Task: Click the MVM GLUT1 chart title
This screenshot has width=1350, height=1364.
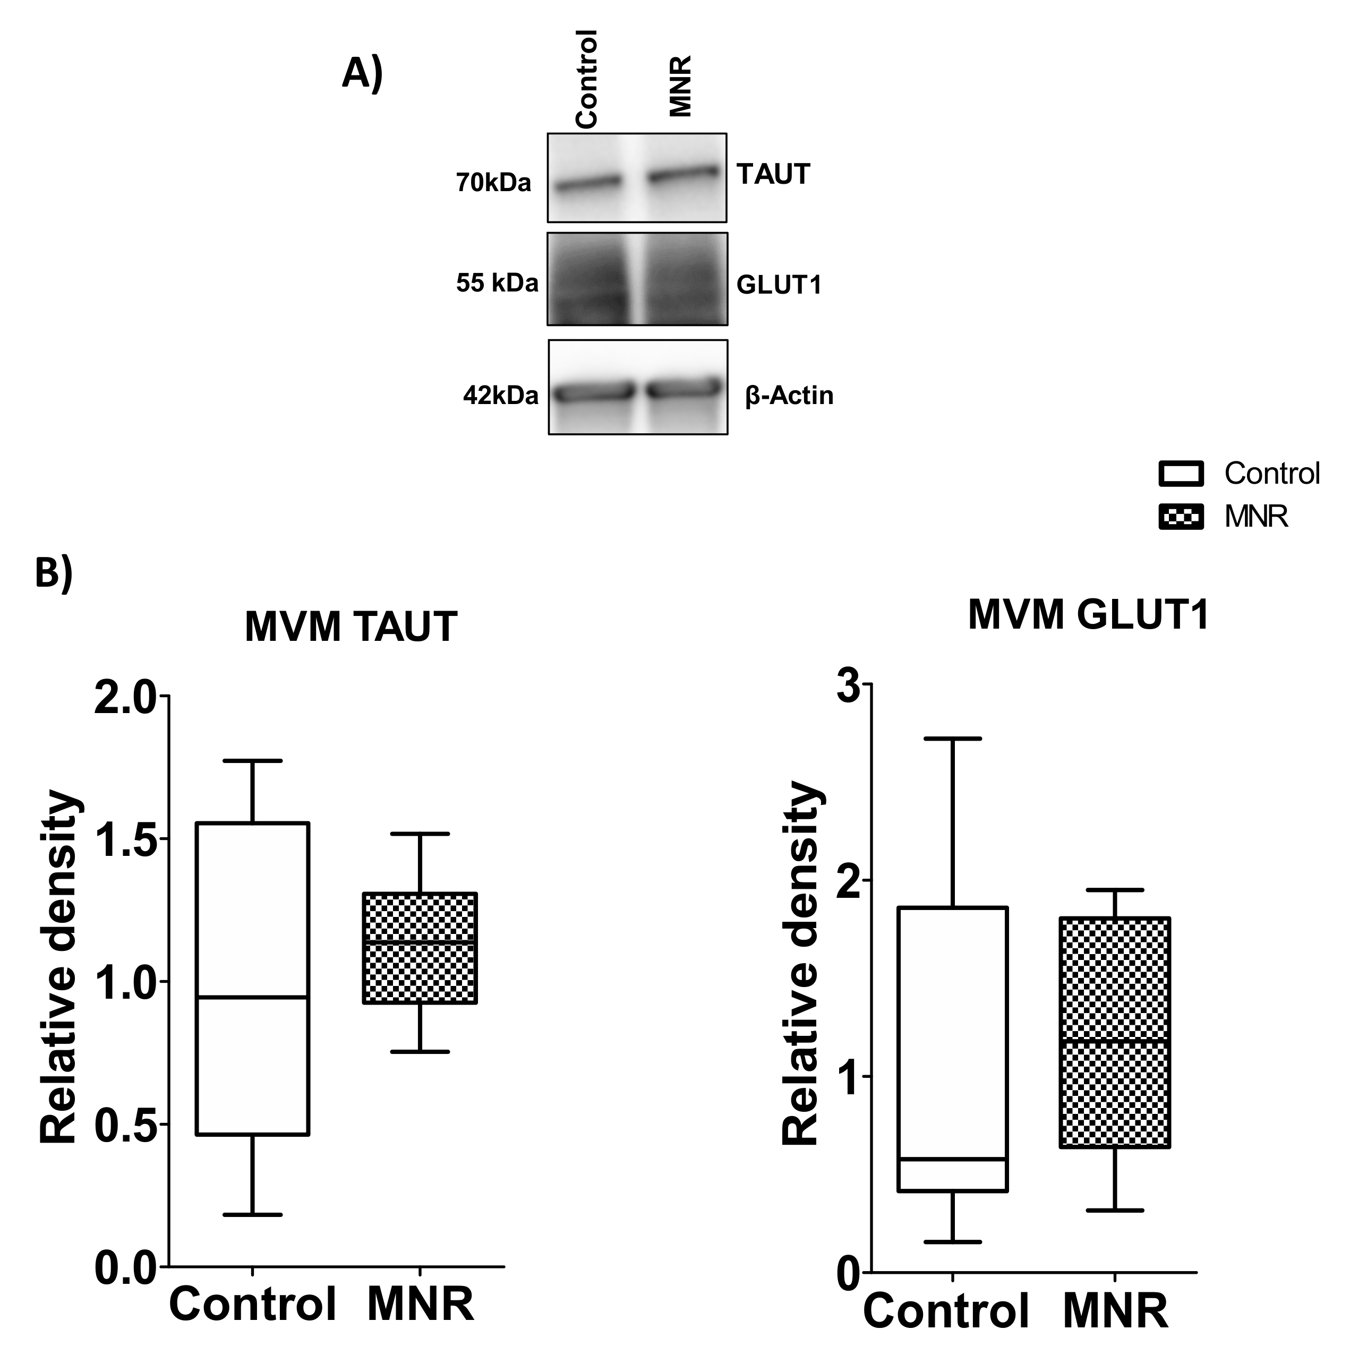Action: click(x=1088, y=614)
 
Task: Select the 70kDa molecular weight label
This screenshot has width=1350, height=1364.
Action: click(x=493, y=183)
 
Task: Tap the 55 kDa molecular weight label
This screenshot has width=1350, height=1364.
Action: click(x=497, y=282)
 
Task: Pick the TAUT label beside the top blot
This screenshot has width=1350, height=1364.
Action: click(x=773, y=174)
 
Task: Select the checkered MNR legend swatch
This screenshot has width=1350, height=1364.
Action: click(x=1181, y=517)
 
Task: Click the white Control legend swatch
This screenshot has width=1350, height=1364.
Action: click(x=1181, y=473)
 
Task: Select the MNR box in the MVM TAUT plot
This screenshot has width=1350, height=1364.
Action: click(x=420, y=947)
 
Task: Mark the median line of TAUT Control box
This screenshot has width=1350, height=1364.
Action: click(x=252, y=997)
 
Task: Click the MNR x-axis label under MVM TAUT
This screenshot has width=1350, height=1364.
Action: click(x=420, y=1304)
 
